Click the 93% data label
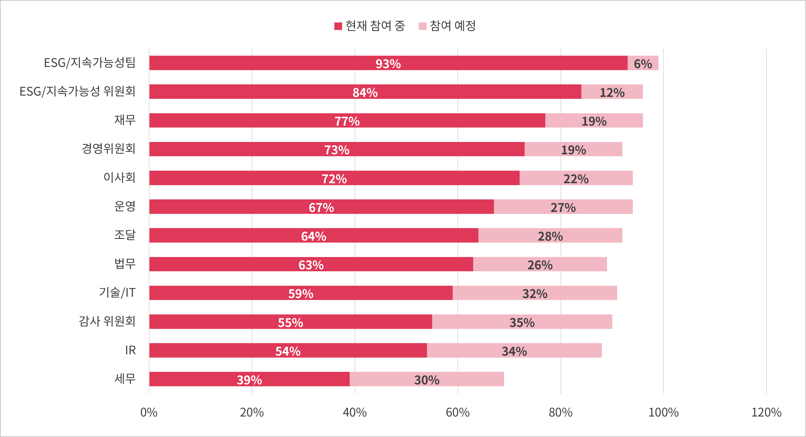pyautogui.click(x=388, y=64)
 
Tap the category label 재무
pyautogui.click(x=125, y=120)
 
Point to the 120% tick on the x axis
pyautogui.click(x=766, y=413)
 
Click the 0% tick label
pyautogui.click(x=149, y=413)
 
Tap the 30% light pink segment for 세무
pyautogui.click(x=427, y=379)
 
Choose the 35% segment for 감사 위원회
pyautogui.click(x=522, y=322)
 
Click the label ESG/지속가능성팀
pyautogui.click(x=89, y=63)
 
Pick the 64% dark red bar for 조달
pyautogui.click(x=314, y=236)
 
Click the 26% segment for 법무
pyautogui.click(x=540, y=264)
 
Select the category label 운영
pyautogui.click(x=125, y=206)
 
